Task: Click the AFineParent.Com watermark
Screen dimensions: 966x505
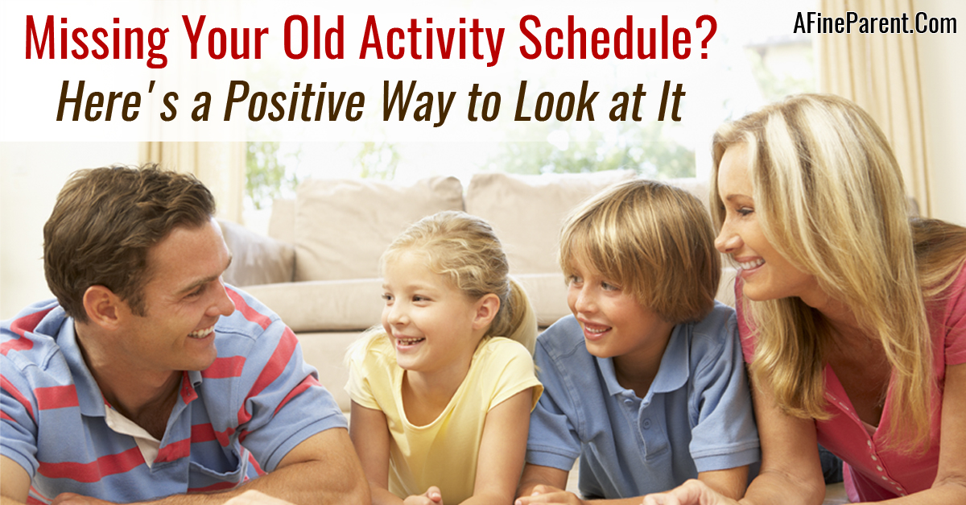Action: point(875,23)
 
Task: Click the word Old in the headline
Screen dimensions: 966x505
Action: point(315,38)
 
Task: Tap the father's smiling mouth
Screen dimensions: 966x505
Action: point(203,333)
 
